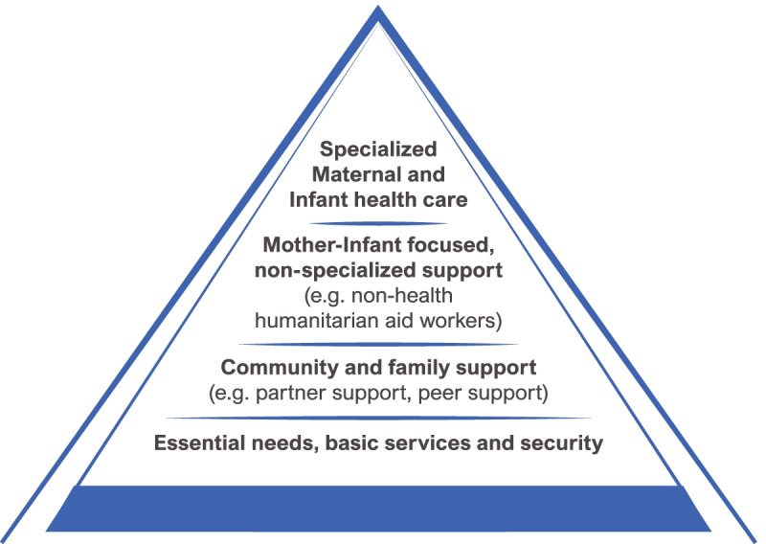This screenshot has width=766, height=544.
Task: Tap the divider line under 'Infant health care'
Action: click(x=378, y=223)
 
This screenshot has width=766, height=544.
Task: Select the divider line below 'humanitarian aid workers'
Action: click(x=378, y=343)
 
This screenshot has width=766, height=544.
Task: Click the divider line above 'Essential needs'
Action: click(x=378, y=418)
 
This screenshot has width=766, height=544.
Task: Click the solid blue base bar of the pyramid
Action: click(x=378, y=508)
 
